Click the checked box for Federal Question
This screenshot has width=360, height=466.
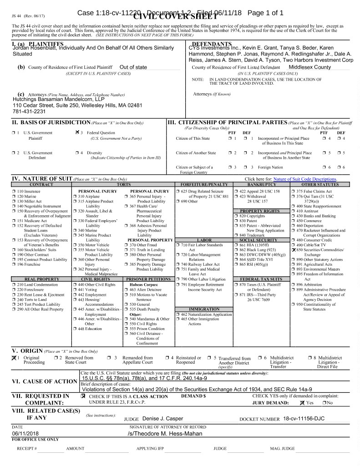[x=76, y=132]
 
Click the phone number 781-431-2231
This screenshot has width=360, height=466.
[x=25, y=111]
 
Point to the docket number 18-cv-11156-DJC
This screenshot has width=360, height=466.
[x=308, y=418]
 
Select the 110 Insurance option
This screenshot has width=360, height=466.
[x=29, y=192]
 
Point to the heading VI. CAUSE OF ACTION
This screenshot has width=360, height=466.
[x=44, y=381]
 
